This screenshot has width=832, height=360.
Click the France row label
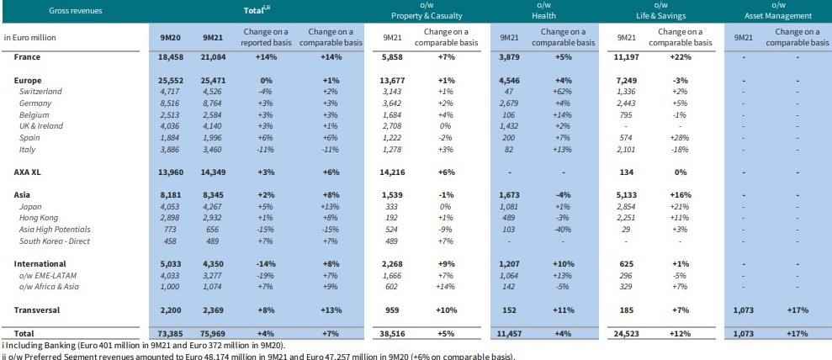[28, 57]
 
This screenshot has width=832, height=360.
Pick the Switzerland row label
[40, 91]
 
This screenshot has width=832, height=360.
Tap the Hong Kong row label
[40, 217]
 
